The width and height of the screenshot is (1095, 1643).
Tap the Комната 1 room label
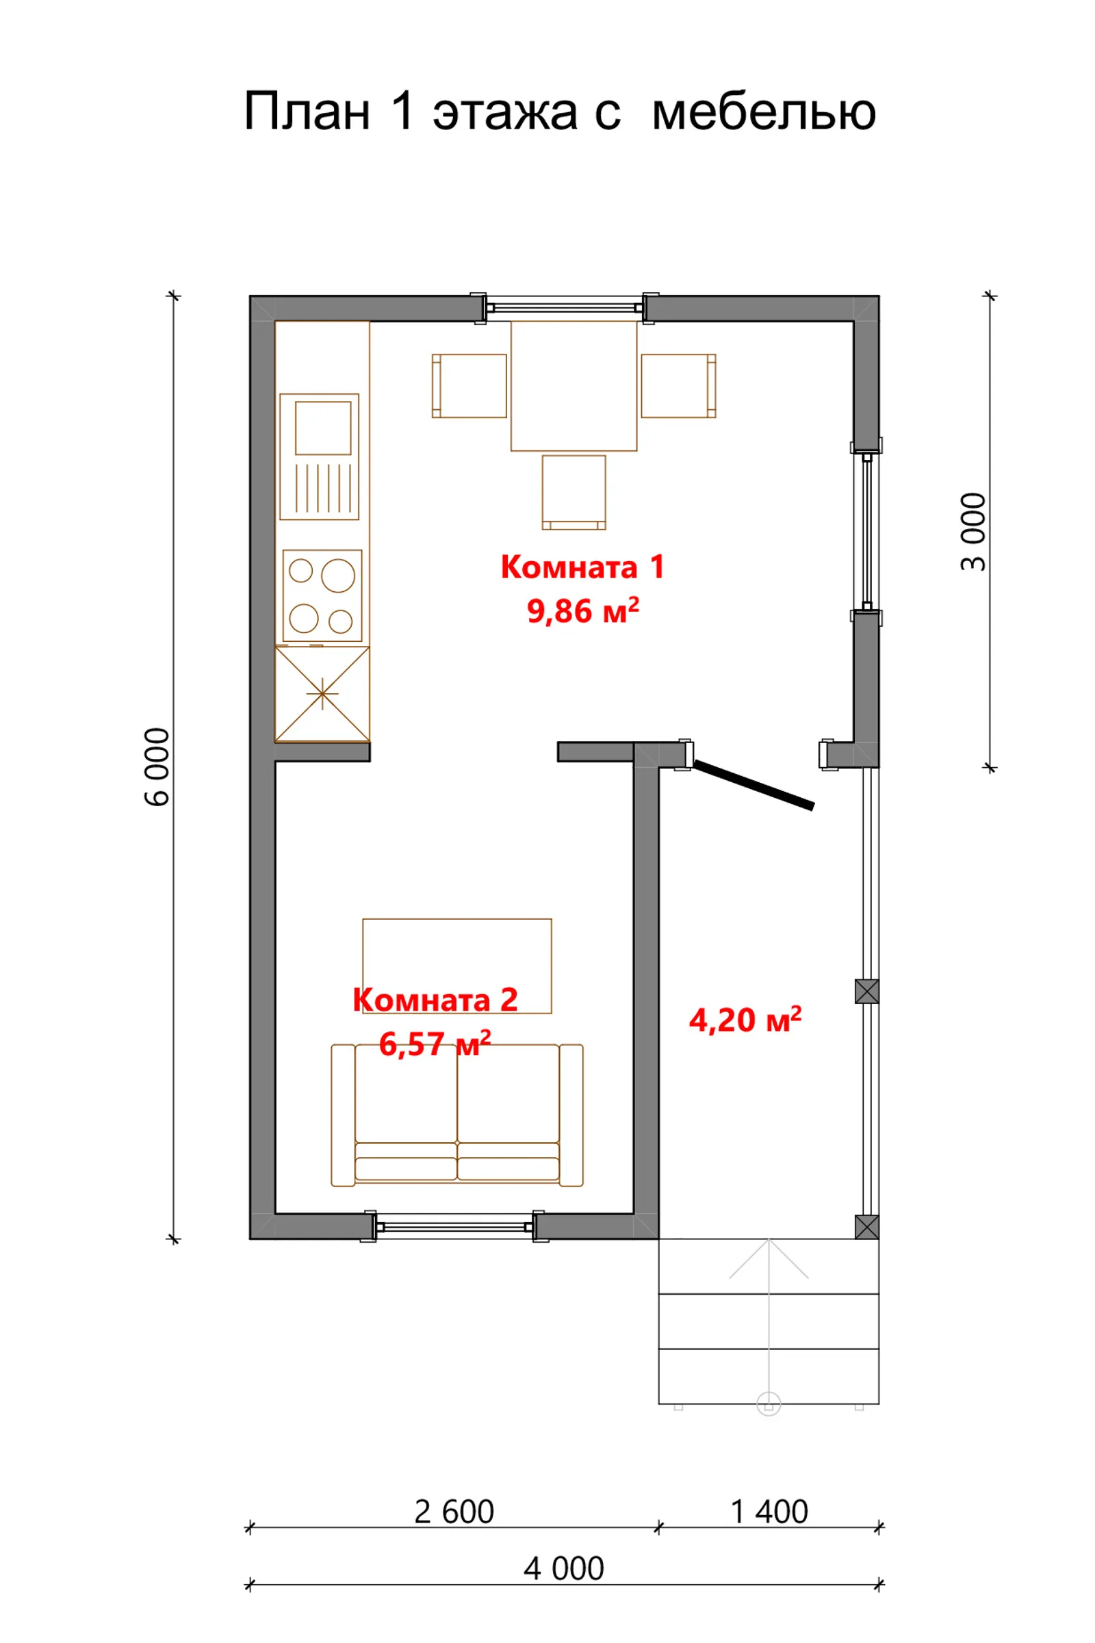[x=582, y=567]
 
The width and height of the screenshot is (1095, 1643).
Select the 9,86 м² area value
[x=583, y=610]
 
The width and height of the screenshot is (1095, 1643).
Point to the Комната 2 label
[x=436, y=1000]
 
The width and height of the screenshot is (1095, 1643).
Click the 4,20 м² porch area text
[x=745, y=1020]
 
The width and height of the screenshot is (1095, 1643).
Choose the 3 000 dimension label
[x=973, y=532]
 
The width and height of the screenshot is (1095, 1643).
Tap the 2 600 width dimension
[x=454, y=1512]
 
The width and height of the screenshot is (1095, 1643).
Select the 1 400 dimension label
[x=769, y=1512]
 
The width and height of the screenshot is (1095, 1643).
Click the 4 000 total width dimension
[x=563, y=1569]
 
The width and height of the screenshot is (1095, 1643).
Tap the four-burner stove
[x=322, y=595]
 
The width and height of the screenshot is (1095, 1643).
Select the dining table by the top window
[x=574, y=385]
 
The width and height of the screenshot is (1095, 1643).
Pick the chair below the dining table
[x=574, y=492]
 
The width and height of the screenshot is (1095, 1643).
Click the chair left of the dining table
[x=469, y=385]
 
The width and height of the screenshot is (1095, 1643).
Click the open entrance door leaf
[x=754, y=785]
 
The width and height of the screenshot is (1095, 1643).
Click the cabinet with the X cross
[x=322, y=693]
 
